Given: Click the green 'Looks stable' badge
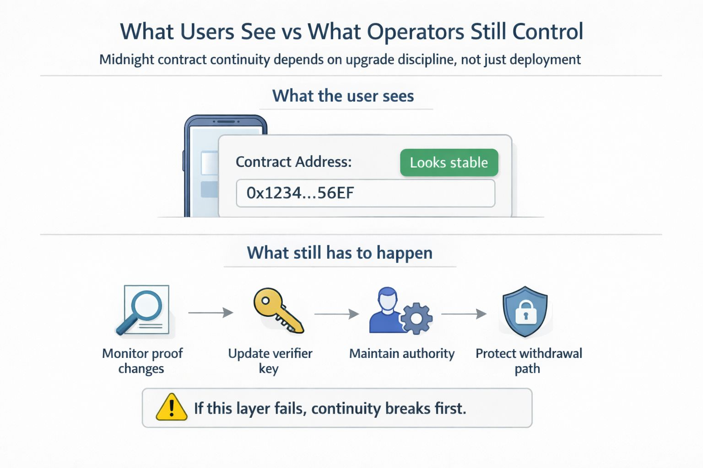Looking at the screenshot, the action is click(449, 163).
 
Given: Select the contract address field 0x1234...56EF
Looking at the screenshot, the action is click(365, 193).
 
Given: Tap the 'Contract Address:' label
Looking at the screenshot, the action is click(293, 162).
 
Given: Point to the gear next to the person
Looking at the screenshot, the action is click(416, 318).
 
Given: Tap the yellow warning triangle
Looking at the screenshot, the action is click(171, 407).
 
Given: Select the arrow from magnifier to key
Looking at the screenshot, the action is click(211, 313).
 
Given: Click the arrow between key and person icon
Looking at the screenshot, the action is click(336, 314).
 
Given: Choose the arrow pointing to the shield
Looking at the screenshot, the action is click(464, 314).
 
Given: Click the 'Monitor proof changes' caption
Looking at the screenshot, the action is click(142, 361).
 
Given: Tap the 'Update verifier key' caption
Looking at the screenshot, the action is click(270, 361).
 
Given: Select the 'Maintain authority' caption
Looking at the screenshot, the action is click(402, 354).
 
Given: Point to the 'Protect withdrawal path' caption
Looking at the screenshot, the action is click(529, 361).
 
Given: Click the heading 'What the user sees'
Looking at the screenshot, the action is click(343, 96).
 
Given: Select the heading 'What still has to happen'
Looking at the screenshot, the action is click(340, 253).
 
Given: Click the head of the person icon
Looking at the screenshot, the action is click(388, 298).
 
